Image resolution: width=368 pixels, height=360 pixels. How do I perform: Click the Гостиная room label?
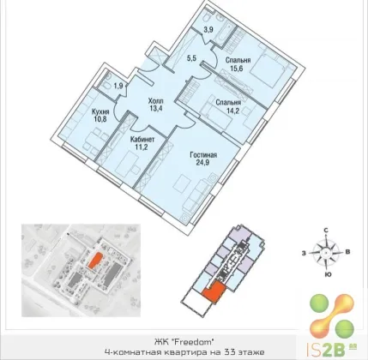(x=203, y=155)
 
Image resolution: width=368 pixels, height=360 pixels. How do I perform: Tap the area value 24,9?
(x=203, y=163)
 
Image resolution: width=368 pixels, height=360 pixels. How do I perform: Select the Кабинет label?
(x=142, y=140)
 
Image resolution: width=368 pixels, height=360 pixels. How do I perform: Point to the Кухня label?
(x=100, y=111)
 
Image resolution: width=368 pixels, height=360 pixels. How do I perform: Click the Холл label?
(x=156, y=101)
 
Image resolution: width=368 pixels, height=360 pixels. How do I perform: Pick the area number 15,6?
(x=237, y=68)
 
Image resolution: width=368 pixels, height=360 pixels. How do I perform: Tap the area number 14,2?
(x=227, y=110)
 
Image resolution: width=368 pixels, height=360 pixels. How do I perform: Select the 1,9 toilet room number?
(x=118, y=85)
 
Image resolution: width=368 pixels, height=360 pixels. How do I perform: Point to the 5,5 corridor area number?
(x=192, y=58)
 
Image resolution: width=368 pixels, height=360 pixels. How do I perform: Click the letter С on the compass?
(x=325, y=230)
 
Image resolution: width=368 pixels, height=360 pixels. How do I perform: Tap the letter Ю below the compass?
(x=326, y=274)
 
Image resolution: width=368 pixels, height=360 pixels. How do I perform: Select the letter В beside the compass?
(x=348, y=252)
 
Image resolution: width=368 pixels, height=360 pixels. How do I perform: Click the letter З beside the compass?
(x=305, y=253)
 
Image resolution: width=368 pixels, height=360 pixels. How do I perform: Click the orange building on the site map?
(x=94, y=261)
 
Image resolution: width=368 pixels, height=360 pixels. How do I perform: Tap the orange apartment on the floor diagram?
(x=214, y=291)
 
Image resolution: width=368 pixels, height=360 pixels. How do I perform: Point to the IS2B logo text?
(x=326, y=349)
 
